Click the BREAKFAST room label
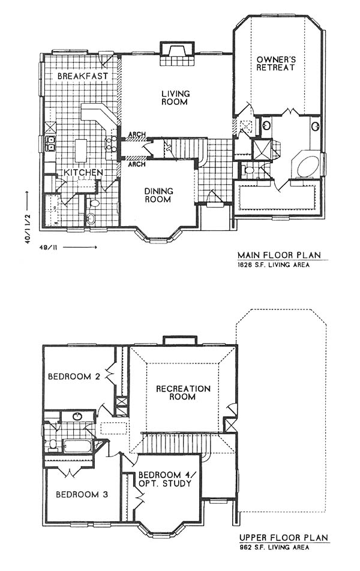click(82, 76)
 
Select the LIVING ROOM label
click(175, 98)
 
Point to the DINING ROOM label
click(158, 196)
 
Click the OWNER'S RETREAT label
click(275, 64)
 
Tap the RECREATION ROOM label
click(183, 393)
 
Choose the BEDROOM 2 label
click(75, 377)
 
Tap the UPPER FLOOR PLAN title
click(283, 538)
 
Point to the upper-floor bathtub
click(77, 446)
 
